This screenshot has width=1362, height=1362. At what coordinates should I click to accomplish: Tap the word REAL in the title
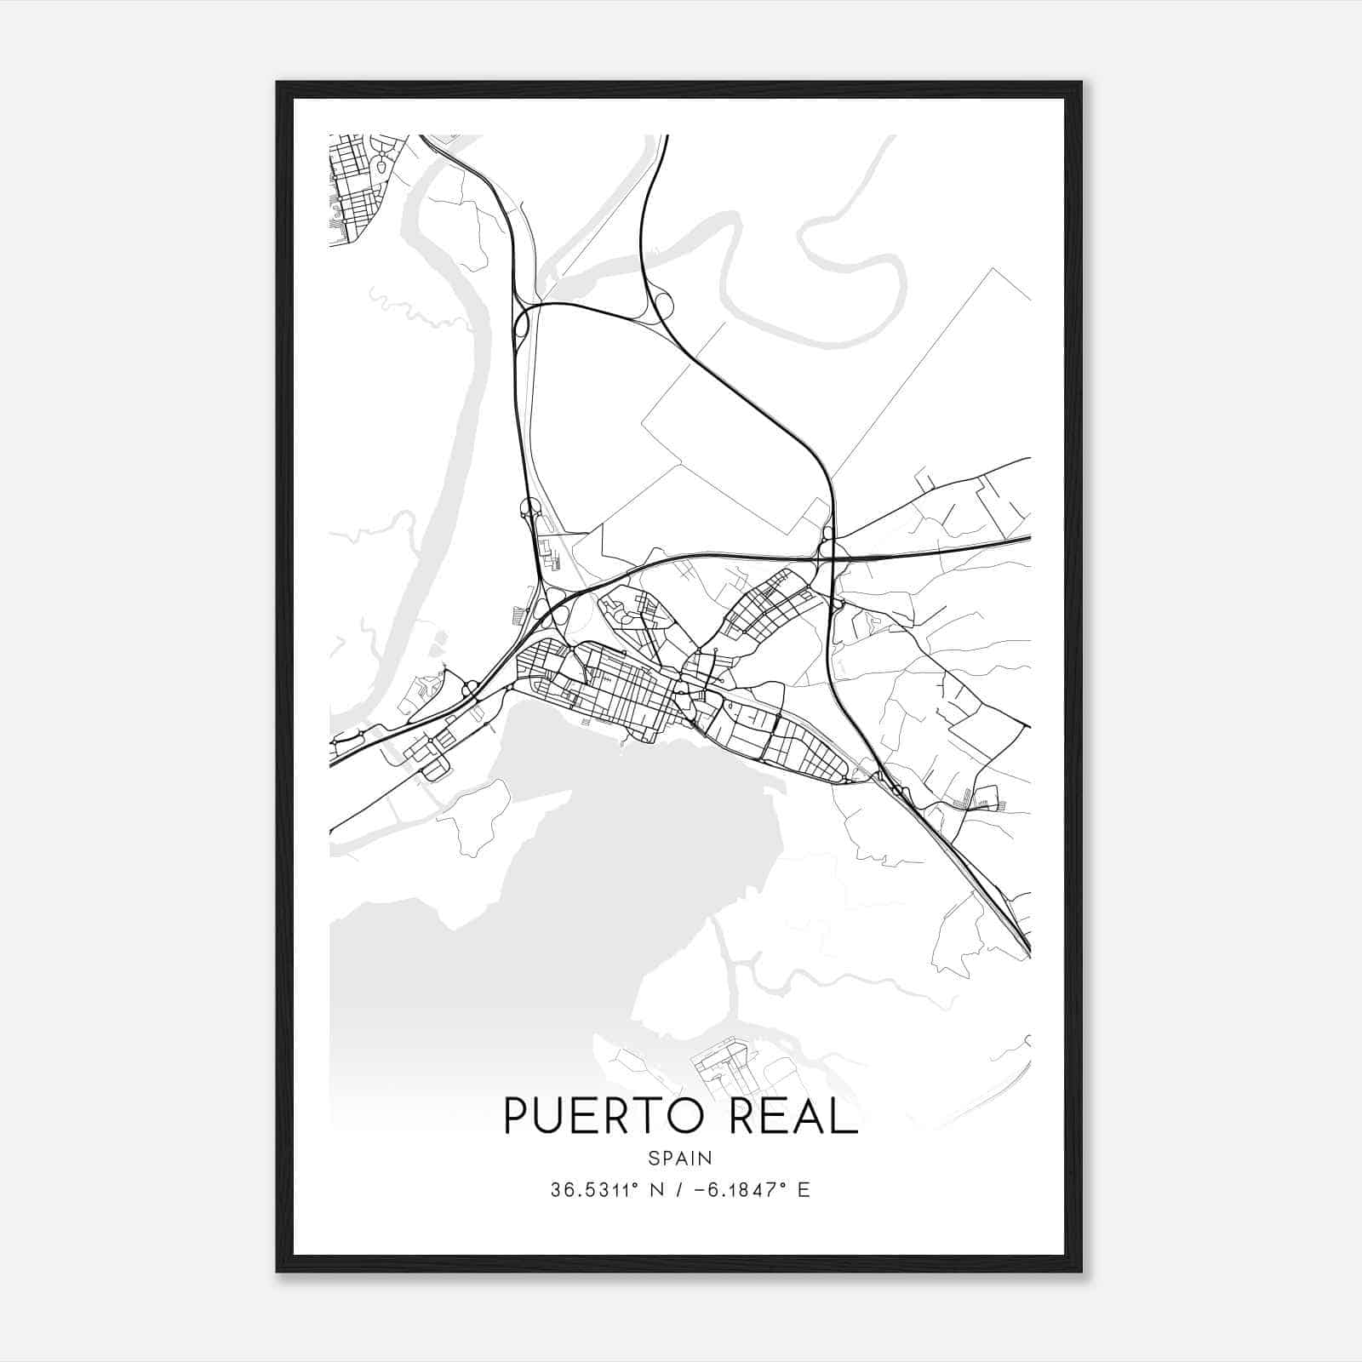793,1116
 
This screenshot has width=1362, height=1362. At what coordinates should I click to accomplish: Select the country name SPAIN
680,1158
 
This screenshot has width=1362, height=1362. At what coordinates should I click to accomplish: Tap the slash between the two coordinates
675,1190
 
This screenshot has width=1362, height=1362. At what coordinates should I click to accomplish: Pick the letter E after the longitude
804,1190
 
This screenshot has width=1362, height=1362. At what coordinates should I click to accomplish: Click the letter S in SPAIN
653,1158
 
